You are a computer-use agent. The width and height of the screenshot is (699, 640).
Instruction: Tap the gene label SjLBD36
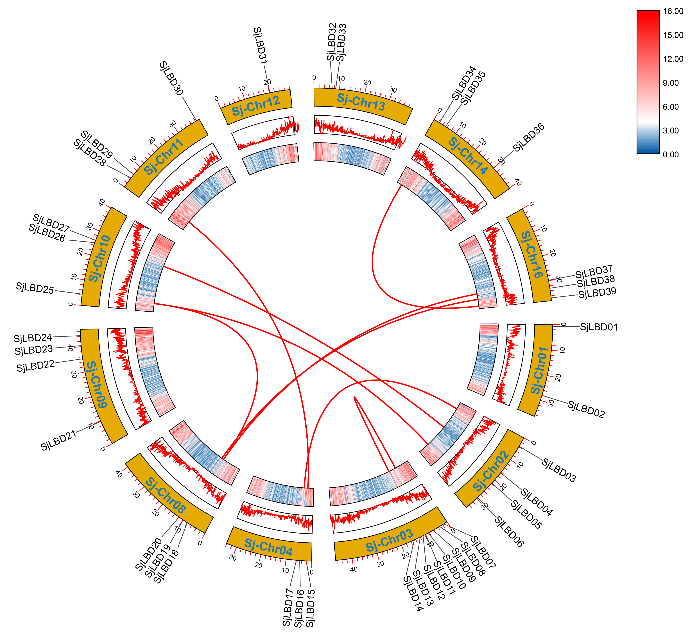529,137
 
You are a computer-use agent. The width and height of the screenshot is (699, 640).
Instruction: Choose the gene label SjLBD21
58,441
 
